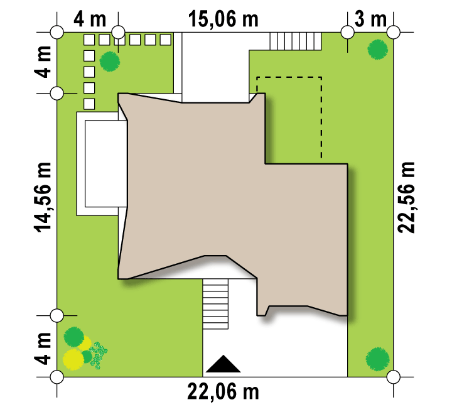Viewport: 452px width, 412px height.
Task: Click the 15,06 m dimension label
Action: click(x=223, y=19)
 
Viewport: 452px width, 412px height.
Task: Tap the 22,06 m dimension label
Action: click(x=223, y=391)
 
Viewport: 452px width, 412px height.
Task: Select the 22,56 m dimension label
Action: click(x=406, y=197)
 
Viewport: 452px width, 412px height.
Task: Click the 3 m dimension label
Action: click(x=370, y=19)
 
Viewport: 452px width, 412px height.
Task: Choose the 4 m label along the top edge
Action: click(x=90, y=19)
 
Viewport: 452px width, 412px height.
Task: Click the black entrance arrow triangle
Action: click(x=223, y=364)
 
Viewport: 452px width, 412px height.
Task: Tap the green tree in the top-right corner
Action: click(x=378, y=49)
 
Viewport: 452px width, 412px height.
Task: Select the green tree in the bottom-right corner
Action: click(x=378, y=359)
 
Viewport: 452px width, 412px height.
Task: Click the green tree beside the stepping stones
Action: click(x=109, y=62)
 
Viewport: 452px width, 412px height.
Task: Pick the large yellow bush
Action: click(x=73, y=359)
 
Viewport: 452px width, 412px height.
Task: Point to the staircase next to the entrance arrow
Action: click(x=215, y=304)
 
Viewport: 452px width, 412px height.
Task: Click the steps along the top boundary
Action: click(x=296, y=41)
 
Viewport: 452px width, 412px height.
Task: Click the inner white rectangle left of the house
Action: click(x=106, y=163)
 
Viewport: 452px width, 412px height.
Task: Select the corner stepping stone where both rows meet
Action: click(x=89, y=40)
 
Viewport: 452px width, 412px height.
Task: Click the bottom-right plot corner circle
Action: click(x=394, y=377)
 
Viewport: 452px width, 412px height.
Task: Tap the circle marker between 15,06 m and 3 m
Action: click(x=347, y=32)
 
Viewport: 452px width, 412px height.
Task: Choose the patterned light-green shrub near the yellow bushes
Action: click(x=99, y=355)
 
